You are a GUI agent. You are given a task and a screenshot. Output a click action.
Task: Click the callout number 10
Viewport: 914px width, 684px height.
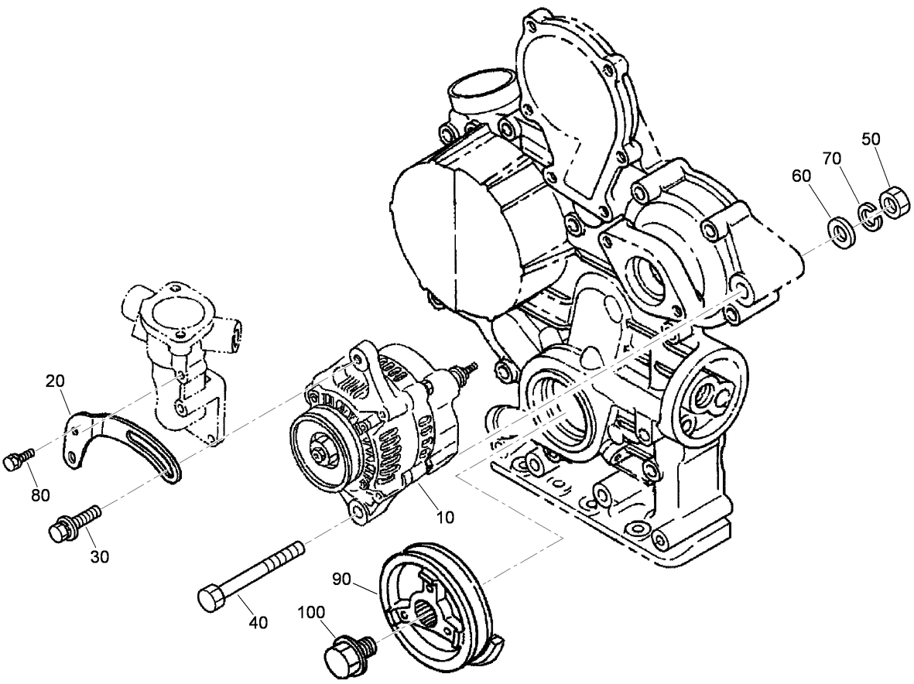[444, 516]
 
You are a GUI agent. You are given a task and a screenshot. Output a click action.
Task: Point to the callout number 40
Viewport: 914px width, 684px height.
[258, 621]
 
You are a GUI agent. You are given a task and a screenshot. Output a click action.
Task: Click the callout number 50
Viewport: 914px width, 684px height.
[871, 139]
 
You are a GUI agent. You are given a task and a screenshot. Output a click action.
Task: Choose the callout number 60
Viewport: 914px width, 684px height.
[802, 176]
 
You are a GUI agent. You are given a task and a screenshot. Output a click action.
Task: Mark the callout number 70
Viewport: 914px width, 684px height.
[832, 159]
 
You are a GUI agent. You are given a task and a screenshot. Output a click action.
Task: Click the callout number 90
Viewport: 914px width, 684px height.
[342, 578]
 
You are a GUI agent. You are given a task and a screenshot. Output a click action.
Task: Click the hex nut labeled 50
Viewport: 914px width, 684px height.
[894, 203]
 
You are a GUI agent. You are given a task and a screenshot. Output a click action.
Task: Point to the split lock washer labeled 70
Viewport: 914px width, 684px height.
[869, 216]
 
